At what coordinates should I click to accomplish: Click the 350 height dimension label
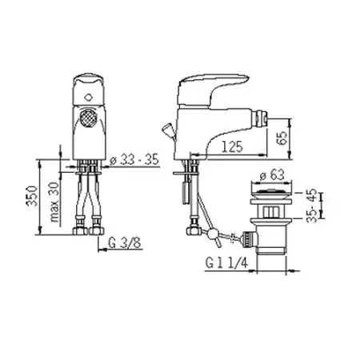32,196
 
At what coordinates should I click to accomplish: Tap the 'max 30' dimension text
54,202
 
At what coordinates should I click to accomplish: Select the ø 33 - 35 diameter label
134,159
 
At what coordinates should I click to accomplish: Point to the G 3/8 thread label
125,243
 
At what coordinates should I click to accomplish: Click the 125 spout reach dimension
232,146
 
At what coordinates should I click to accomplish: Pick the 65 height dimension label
282,138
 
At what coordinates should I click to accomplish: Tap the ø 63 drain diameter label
272,175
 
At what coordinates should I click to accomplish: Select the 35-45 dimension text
311,205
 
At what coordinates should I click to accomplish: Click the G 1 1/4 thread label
226,263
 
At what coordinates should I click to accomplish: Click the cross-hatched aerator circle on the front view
87,118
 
